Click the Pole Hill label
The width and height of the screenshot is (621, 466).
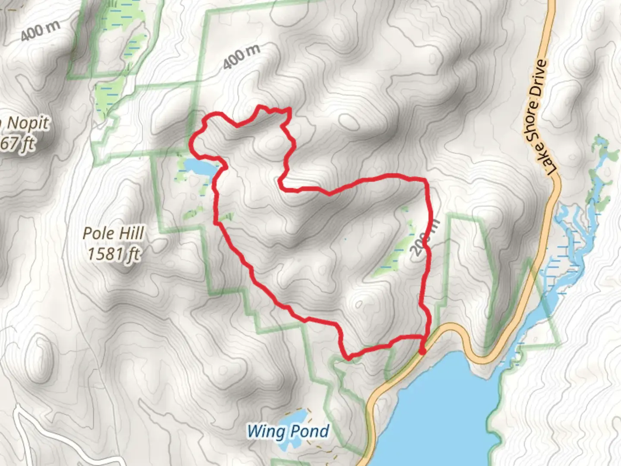click(x=113, y=233)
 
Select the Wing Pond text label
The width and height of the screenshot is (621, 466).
click(x=288, y=431)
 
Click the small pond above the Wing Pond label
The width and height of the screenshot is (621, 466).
click(x=293, y=417)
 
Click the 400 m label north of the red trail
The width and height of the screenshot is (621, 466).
click(x=241, y=57)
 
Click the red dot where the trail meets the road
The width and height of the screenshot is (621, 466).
click(x=422, y=352)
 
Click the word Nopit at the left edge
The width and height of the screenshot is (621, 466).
click(x=28, y=124)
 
